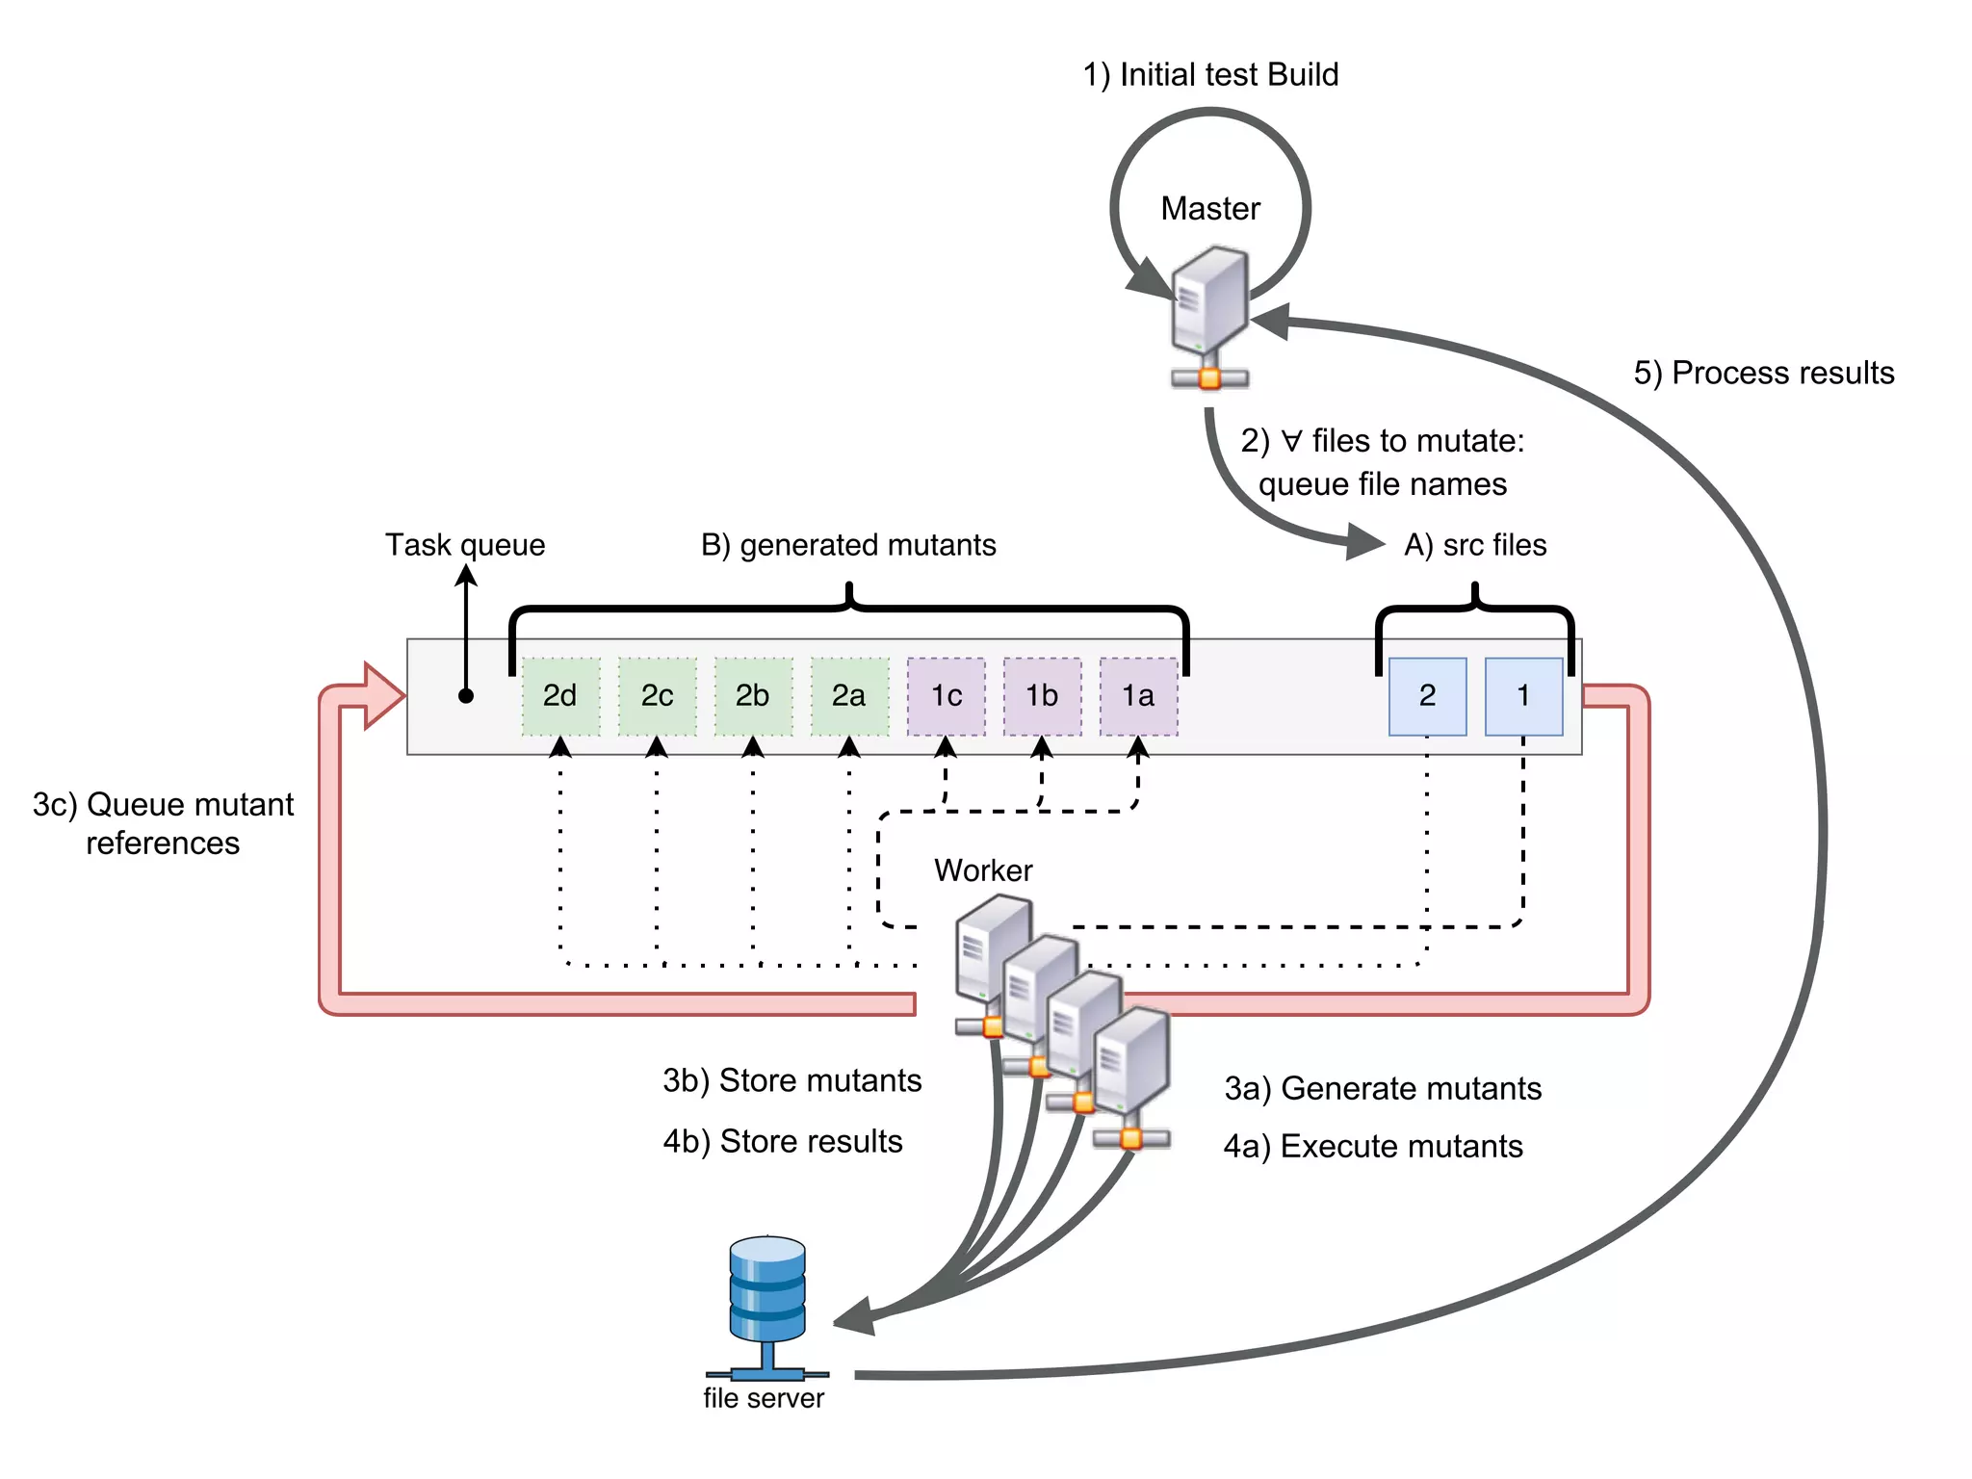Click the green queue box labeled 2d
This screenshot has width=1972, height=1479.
pos(560,696)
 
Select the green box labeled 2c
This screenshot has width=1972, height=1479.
pos(657,696)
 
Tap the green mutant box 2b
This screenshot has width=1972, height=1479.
pos(753,696)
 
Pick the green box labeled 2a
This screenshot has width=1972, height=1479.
pos(849,696)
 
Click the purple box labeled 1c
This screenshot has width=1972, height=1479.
pos(946,696)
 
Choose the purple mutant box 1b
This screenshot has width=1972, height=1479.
pos(1042,696)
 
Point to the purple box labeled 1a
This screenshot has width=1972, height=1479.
pos(1138,696)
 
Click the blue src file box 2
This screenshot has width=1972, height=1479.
pos(1427,696)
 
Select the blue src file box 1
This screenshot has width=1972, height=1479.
pos(1523,696)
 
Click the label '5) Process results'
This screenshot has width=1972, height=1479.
pos(1763,373)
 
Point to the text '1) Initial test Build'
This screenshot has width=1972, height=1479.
pos(1210,74)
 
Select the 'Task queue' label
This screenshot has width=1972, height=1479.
pos(465,545)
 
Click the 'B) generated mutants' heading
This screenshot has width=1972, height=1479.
pos(848,545)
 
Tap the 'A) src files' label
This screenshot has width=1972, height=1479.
pos(1475,545)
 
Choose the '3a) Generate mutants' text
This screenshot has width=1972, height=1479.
pos(1383,1088)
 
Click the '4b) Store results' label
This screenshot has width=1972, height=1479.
pos(783,1141)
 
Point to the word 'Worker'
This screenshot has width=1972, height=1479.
pos(983,870)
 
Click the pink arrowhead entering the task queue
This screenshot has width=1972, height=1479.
pos(384,696)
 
